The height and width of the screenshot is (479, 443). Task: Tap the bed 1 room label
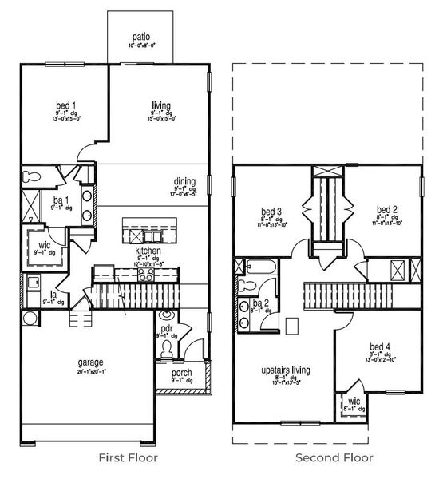(x=67, y=106)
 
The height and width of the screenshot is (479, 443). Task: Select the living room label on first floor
(x=162, y=105)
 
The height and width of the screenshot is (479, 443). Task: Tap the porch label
(x=182, y=372)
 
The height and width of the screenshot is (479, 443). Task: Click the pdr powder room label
(x=166, y=328)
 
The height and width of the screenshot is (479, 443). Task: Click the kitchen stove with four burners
(x=147, y=275)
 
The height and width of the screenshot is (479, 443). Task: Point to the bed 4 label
(x=378, y=346)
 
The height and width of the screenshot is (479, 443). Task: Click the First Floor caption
(x=128, y=458)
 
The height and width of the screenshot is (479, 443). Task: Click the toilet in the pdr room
(x=165, y=315)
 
